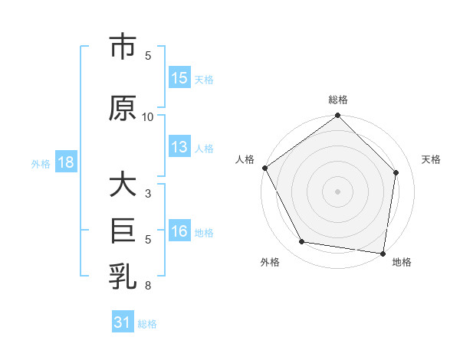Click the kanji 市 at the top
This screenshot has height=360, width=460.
[x=123, y=48]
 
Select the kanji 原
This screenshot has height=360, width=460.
[x=123, y=109]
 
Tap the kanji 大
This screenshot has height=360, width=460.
[x=123, y=185]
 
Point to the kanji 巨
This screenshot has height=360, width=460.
[x=123, y=231]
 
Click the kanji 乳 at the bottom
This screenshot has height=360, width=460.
[x=123, y=277]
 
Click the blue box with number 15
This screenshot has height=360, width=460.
[x=179, y=77]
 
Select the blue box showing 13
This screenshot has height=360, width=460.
[x=179, y=147]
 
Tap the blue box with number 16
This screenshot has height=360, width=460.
[x=179, y=231]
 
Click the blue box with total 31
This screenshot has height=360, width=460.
[x=123, y=322]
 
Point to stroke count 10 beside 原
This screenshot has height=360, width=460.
[x=148, y=117]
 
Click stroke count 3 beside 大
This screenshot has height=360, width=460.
[x=148, y=194]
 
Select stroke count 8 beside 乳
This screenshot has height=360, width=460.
[x=148, y=286]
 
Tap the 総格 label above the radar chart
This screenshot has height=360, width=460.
[x=338, y=100]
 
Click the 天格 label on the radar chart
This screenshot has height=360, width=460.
[x=431, y=159]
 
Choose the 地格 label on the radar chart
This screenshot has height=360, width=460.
[x=402, y=262]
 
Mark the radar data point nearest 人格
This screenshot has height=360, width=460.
[x=264, y=168]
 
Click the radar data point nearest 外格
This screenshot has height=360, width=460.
[x=302, y=242]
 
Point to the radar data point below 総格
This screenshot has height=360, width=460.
[x=338, y=116]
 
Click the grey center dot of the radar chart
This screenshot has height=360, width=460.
[x=338, y=191]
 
